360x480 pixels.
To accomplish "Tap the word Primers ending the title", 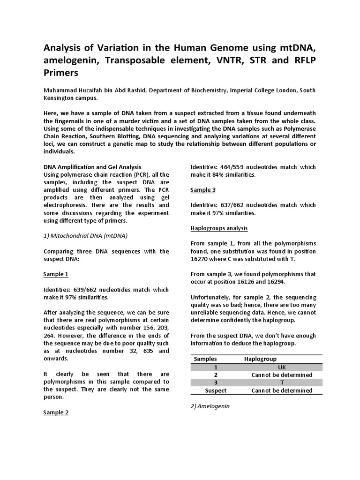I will click(x=61, y=73).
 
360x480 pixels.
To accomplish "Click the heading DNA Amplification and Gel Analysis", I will click(x=92, y=167).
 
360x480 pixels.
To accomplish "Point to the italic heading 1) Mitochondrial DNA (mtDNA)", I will click(x=85, y=236).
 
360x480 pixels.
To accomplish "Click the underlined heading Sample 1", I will click(x=56, y=274).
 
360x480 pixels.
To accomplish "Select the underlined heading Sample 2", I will click(x=56, y=412).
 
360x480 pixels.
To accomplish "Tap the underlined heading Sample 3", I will click(x=203, y=190).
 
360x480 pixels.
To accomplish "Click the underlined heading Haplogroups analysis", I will click(x=219, y=228).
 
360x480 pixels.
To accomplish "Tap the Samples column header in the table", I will click(x=205, y=359).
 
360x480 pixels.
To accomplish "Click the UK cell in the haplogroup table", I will click(x=282, y=367).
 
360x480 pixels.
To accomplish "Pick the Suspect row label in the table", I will click(x=216, y=390).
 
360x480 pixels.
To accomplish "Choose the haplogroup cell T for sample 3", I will click(x=282, y=382).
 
